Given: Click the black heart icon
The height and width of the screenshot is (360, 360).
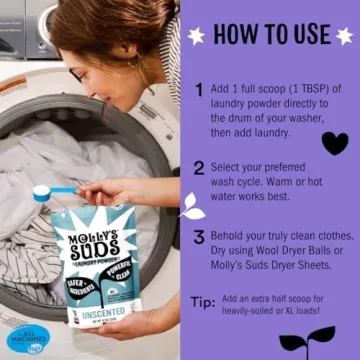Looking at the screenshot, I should pyautogui.click(x=335, y=143).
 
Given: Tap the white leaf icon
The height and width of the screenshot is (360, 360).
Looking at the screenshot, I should pyautogui.click(x=191, y=207).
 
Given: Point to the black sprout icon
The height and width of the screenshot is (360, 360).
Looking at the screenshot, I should pyautogui.click(x=307, y=340).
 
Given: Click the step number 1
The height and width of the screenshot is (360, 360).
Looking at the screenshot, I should pyautogui.click(x=199, y=90).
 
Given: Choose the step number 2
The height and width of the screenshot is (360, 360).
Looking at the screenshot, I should pyautogui.click(x=199, y=168).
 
